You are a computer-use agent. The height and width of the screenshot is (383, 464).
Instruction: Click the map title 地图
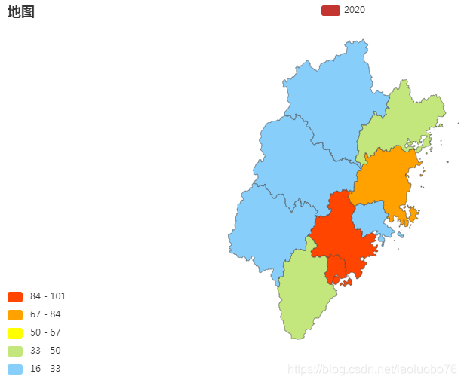pos(21,11)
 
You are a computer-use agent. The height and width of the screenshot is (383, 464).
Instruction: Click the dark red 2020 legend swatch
pos(330,10)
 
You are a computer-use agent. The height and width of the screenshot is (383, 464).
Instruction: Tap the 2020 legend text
pos(355,10)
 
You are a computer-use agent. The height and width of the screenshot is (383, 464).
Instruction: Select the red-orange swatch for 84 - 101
pos(15,296)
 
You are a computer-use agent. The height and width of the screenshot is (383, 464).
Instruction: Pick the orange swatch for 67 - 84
pos(15,314)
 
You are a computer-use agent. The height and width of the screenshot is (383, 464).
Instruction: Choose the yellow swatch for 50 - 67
pos(15,332)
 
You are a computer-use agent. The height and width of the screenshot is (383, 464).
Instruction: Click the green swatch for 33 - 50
pos(15,351)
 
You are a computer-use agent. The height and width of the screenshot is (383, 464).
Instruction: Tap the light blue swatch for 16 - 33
pos(15,369)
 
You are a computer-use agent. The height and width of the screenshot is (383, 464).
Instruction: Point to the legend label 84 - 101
pos(48,296)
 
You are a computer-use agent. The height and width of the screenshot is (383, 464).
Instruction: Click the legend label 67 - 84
pos(45,314)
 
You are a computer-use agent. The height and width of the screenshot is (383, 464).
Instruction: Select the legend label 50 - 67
pos(45,332)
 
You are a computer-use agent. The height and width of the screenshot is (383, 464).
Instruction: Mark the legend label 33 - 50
pos(45,351)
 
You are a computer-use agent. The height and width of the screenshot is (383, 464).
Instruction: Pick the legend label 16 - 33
pos(45,369)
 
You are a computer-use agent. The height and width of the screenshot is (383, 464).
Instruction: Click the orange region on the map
pos(385,177)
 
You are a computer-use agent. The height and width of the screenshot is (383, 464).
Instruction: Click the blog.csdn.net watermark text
pos(373,369)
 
